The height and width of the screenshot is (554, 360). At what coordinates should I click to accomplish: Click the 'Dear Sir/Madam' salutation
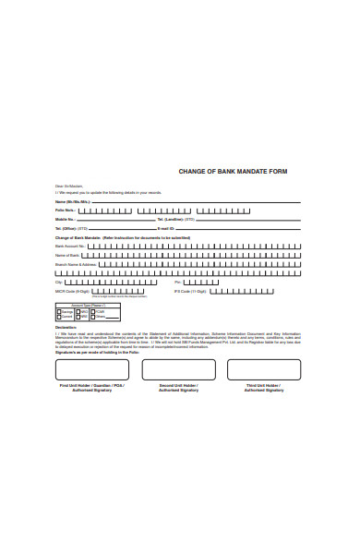66,186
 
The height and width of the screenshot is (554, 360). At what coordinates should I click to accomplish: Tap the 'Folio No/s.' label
66,210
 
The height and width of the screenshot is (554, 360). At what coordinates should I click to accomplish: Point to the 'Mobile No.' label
66,219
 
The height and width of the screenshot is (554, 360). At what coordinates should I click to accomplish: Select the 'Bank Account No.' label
70,247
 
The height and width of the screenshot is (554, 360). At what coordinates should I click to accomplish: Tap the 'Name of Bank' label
67,255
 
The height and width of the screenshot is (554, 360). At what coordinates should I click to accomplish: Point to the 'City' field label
60,283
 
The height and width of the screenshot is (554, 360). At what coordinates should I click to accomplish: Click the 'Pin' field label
179,283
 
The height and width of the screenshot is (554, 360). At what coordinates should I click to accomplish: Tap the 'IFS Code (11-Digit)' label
189,292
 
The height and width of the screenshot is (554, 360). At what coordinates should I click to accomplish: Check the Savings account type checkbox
58,311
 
